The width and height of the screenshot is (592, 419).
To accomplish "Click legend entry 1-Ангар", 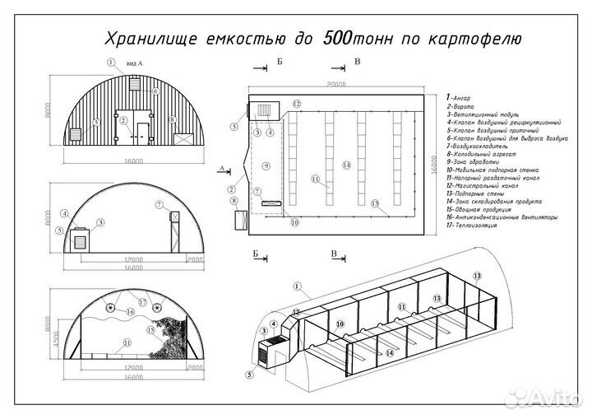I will [458, 98].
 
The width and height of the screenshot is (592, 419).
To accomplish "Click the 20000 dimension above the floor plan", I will [335, 84].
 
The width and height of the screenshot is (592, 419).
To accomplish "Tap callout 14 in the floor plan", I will [347, 165].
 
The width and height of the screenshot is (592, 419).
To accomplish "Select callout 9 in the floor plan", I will [266, 166].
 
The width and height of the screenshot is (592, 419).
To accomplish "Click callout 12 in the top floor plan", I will [297, 104].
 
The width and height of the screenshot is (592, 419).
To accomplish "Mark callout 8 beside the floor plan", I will [234, 201].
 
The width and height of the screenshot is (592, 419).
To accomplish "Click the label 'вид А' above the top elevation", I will [134, 63].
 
